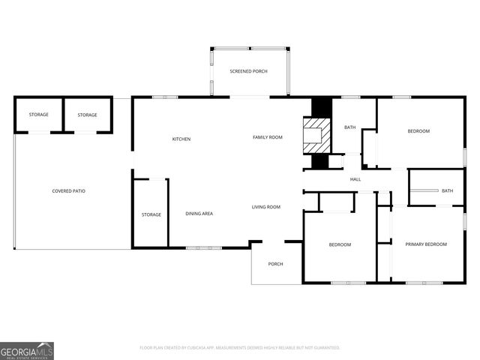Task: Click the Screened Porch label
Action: tap(248, 71)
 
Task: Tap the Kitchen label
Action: tap(181, 139)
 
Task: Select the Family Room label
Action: tap(267, 137)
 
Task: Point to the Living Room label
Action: tap(265, 207)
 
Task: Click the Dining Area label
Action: tap(199, 214)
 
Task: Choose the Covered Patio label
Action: tap(68, 191)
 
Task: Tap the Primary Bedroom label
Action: tap(426, 244)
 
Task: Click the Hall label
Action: tap(355, 179)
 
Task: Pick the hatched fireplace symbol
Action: tap(316, 134)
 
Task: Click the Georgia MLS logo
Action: tap(27, 351)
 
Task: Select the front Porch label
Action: tap(275, 263)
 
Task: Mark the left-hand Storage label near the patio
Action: tap(39, 115)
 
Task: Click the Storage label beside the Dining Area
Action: tap(151, 215)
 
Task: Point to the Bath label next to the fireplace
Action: tap(350, 127)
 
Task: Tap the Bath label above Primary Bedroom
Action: tap(447, 191)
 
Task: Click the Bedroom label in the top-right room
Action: tap(418, 132)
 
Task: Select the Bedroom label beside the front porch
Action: tap(340, 245)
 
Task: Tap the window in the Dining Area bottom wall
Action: tap(203, 248)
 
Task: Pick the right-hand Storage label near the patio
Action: tap(87, 115)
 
